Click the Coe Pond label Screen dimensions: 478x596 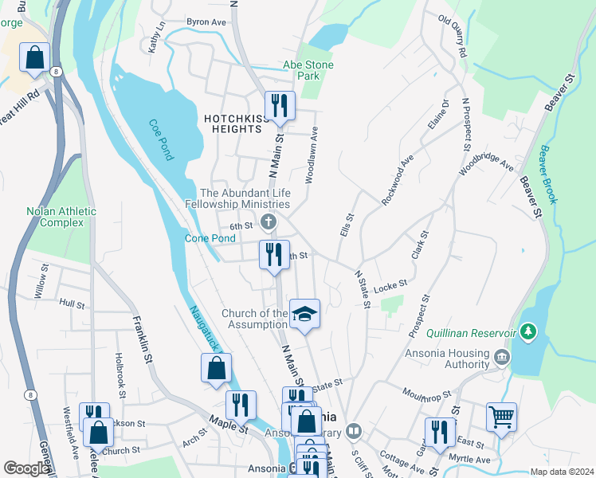tap(159, 139)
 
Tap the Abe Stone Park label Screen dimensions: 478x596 tap(308, 70)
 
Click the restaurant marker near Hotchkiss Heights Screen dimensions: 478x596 tap(280, 106)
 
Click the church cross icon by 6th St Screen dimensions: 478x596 tap(269, 221)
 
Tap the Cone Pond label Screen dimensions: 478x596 tap(210, 238)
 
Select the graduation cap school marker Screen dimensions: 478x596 tap(304, 314)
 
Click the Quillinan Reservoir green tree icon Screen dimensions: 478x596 tap(526, 330)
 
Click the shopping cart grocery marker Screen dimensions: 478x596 tap(501, 417)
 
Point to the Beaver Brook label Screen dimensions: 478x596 tap(551, 168)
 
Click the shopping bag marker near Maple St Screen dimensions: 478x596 tap(216, 368)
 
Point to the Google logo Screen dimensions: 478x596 tap(26, 468)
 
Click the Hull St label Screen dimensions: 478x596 tap(72, 304)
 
